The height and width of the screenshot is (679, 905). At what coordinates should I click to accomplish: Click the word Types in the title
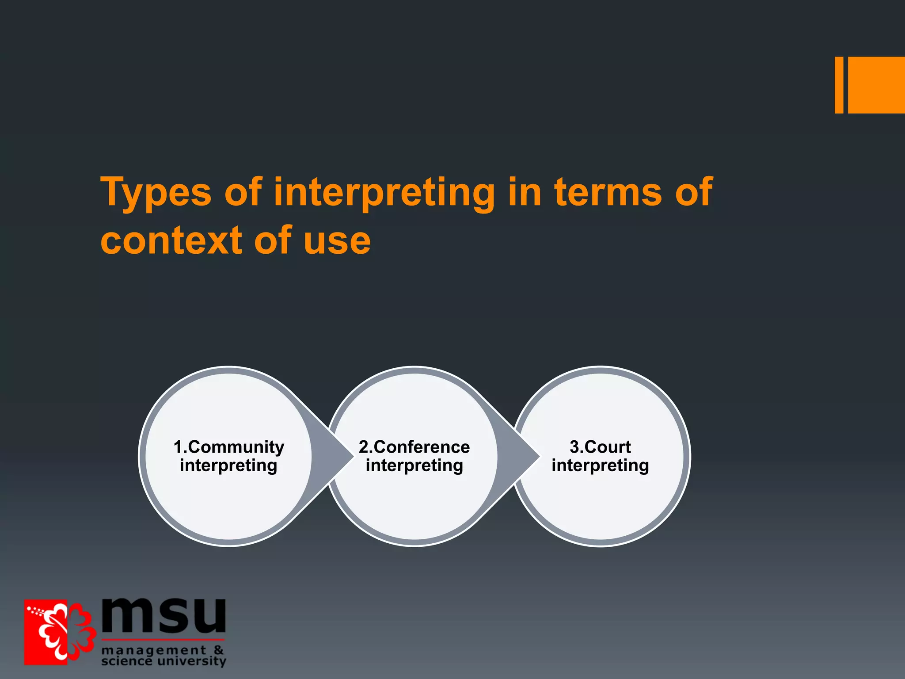pyautogui.click(x=156, y=192)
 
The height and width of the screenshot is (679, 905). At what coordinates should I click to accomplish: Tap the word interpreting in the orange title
pyautogui.click(x=384, y=192)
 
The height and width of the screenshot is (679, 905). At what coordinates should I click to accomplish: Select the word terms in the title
pyautogui.click(x=608, y=191)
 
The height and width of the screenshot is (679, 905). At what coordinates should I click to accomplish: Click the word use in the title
pyautogui.click(x=337, y=241)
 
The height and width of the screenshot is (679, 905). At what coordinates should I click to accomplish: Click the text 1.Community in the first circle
pyautogui.click(x=229, y=447)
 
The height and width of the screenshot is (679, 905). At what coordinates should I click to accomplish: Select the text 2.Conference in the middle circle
pyautogui.click(x=414, y=447)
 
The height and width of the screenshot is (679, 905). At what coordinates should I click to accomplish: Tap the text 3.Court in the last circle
pyautogui.click(x=600, y=447)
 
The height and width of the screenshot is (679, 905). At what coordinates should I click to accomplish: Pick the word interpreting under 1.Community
pyautogui.click(x=228, y=466)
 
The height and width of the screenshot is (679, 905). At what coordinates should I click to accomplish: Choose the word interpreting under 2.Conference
pyautogui.click(x=414, y=466)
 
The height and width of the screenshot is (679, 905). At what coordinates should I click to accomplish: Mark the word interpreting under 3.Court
pyautogui.click(x=600, y=466)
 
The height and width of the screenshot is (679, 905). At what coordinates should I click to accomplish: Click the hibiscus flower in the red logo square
pyautogui.click(x=62, y=632)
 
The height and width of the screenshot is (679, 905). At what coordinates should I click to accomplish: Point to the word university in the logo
pyautogui.click(x=192, y=661)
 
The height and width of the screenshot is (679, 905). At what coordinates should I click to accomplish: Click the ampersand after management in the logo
pyautogui.click(x=219, y=650)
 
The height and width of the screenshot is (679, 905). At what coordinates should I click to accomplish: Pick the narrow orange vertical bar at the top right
pyautogui.click(x=839, y=85)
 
